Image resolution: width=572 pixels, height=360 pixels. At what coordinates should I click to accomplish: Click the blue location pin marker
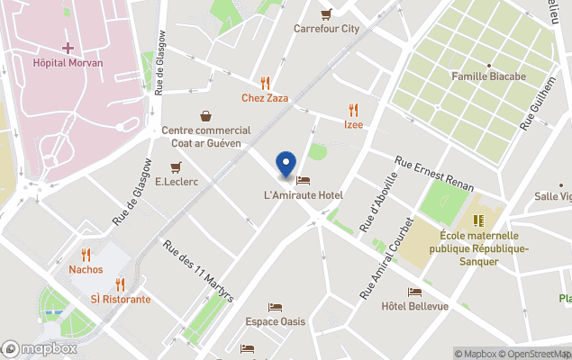tap(286, 165)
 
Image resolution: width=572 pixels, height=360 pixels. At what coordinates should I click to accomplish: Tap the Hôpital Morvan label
tap(68, 63)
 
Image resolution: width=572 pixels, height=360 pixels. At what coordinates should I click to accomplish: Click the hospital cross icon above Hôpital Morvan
tap(68, 46)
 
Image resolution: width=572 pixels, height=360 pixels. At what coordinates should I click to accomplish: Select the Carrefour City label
tap(326, 28)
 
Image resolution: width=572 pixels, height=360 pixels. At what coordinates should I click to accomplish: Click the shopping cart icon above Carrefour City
tap(326, 13)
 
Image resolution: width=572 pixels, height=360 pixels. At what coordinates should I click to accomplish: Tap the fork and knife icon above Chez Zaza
tap(265, 83)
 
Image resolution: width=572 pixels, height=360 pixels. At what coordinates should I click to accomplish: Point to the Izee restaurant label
tap(353, 124)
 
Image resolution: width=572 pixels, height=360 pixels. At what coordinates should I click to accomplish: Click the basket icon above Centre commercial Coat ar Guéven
tap(206, 115)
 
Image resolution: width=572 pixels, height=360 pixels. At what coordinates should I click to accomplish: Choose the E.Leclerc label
tap(176, 181)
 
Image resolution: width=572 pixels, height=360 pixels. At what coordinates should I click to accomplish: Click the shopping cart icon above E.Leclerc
tap(176, 166)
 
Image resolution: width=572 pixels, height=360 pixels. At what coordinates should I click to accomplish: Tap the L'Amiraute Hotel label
tap(304, 195)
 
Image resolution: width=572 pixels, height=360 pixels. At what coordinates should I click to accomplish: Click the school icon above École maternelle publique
tap(479, 220)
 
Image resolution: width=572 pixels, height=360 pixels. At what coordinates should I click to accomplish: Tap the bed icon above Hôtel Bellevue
tap(414, 292)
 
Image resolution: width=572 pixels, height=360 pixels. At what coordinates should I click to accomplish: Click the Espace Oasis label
tap(275, 321)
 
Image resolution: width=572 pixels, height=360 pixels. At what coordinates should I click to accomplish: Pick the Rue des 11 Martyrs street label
tap(198, 270)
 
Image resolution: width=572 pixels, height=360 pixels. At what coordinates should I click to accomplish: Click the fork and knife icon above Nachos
tap(86, 255)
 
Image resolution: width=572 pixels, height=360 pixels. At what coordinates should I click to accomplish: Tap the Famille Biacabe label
tap(488, 76)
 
